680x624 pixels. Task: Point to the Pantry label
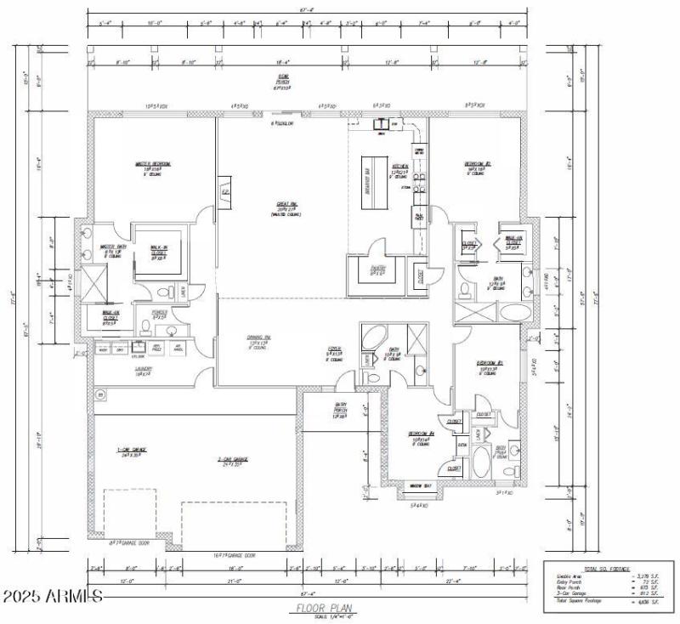[x=377, y=269]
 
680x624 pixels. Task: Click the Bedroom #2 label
[x=476, y=163]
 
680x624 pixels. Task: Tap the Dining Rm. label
[x=259, y=341]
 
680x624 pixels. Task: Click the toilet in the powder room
[x=164, y=294]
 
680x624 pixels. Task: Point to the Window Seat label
[x=421, y=486]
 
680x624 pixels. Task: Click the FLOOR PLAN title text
[x=319, y=608]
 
